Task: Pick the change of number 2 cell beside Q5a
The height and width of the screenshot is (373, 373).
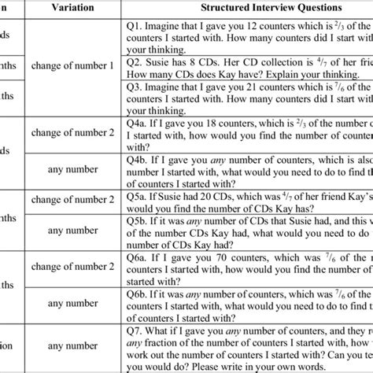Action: tap(96, 201)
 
